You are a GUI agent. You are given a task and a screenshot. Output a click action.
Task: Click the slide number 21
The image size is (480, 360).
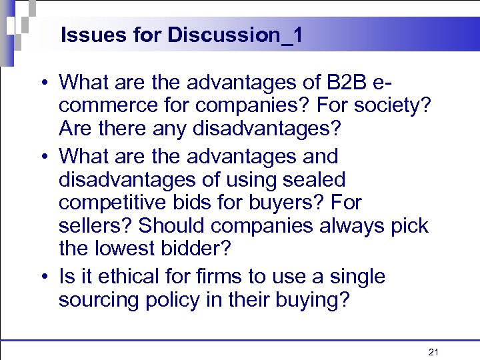click(x=433, y=351)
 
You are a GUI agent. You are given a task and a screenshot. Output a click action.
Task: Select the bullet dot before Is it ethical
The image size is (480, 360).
click(x=43, y=276)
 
